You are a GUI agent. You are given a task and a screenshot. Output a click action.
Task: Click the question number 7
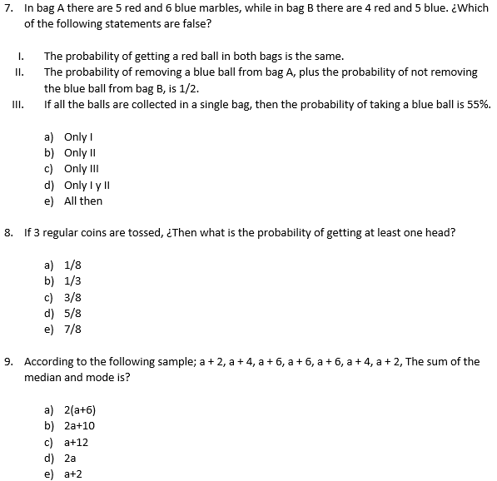coord(8,8)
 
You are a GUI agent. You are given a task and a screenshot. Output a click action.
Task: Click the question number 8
coord(8,232)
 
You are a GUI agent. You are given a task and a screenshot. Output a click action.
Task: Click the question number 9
coord(8,361)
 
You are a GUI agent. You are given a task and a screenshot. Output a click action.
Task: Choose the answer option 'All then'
coord(83,201)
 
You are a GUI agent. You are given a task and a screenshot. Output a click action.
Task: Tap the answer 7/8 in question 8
coord(72,329)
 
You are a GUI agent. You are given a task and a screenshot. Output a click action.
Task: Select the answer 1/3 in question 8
coord(72,280)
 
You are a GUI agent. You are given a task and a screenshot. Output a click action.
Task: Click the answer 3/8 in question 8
coord(72,297)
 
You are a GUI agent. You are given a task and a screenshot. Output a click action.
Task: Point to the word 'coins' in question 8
coord(107,232)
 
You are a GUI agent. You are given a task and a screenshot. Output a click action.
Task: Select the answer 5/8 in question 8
coord(72,313)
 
